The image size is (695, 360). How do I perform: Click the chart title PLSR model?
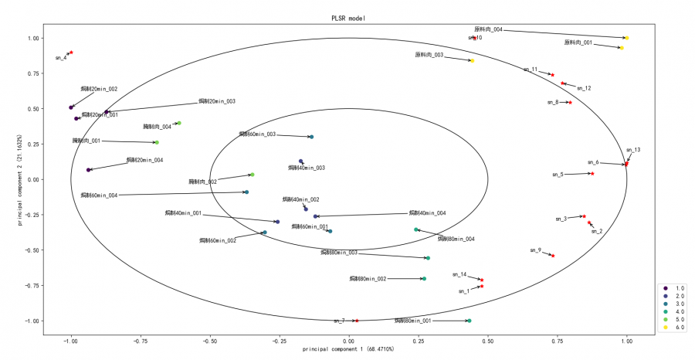[x=349, y=17]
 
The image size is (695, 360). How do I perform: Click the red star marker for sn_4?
[x=71, y=53]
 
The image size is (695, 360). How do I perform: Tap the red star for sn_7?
[x=357, y=321]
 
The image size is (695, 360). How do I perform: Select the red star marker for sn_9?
[x=553, y=256]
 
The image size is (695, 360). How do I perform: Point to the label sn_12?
[x=584, y=88]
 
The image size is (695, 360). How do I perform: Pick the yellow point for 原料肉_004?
[x=626, y=37]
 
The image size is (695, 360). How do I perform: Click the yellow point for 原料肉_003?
[x=472, y=60]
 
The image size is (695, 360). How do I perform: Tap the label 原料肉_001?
[x=578, y=42]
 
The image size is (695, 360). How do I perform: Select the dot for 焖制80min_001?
[x=469, y=321]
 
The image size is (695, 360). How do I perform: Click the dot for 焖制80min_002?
[x=424, y=278]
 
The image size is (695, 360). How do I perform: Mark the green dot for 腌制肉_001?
[x=156, y=142]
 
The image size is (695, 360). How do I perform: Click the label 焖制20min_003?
[x=217, y=101]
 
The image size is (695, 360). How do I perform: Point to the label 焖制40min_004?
[x=427, y=213]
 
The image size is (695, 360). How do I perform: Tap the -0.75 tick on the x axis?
[x=141, y=341]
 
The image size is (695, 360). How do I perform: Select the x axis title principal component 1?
[x=349, y=350]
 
